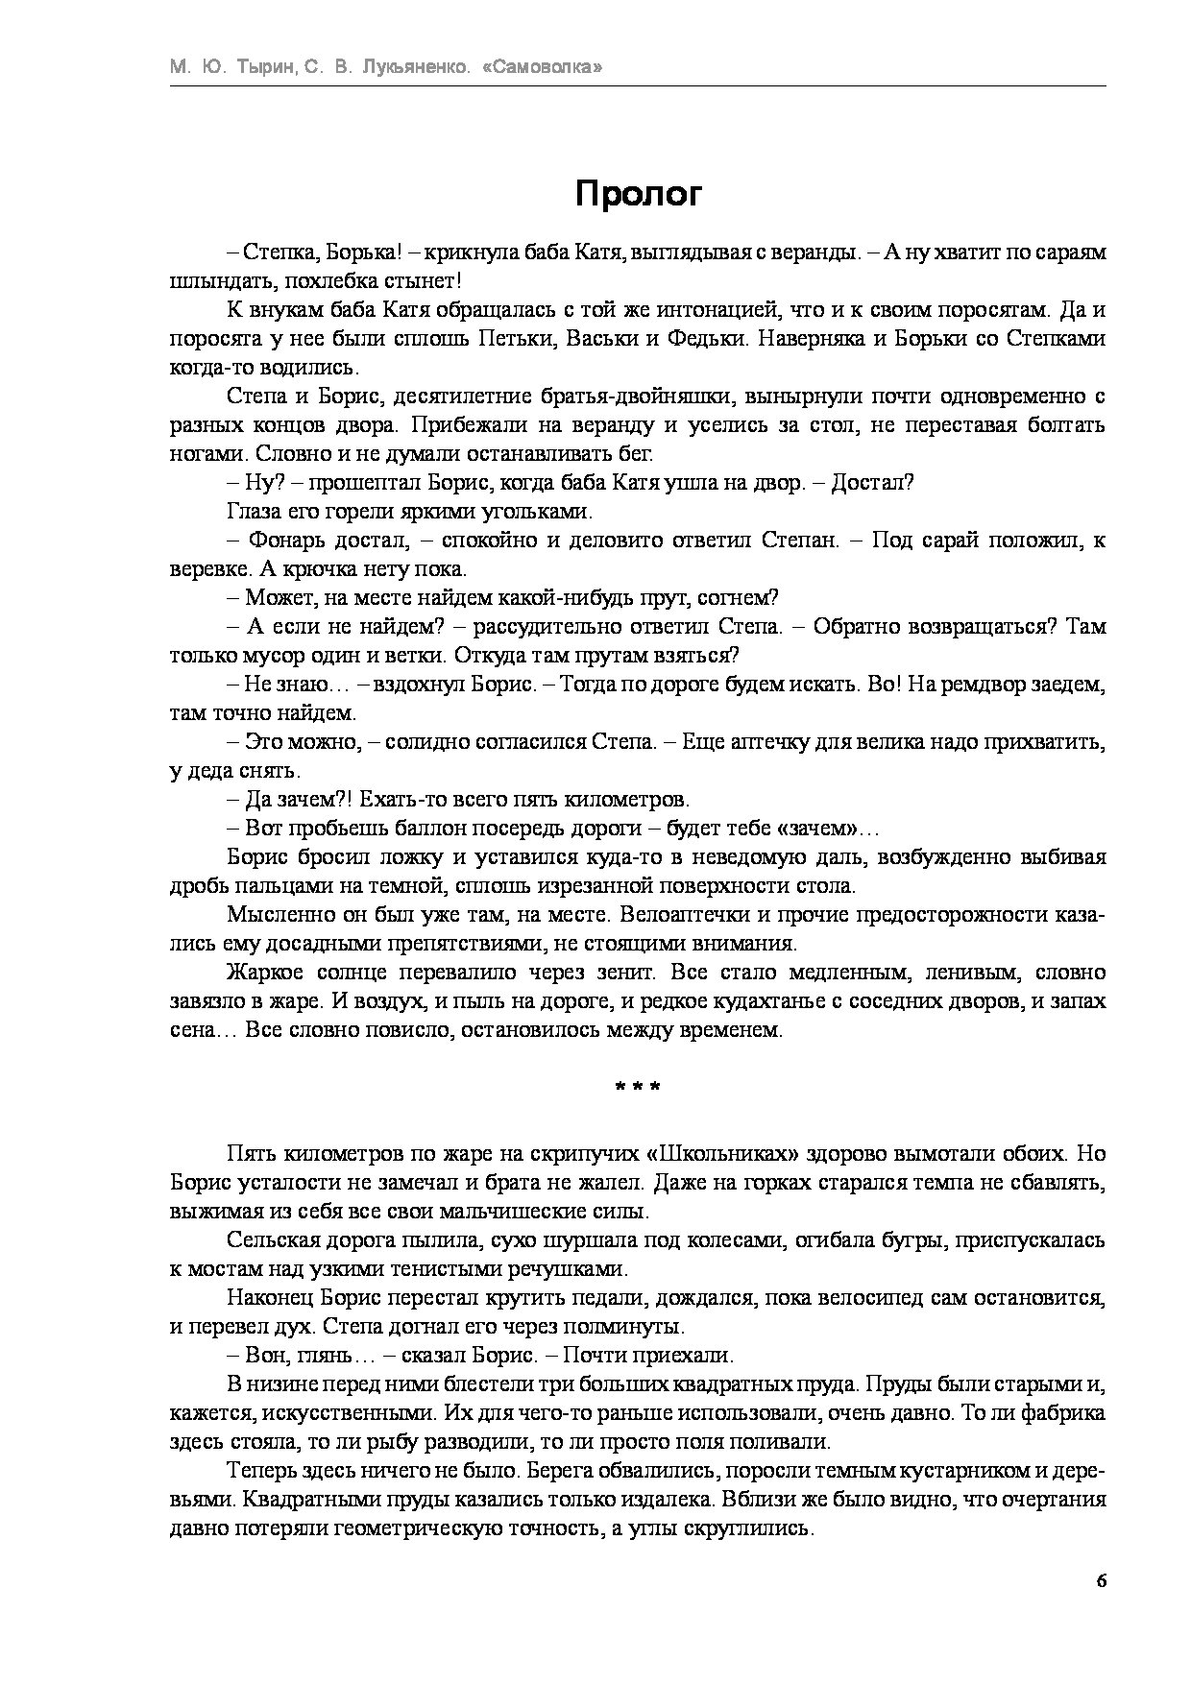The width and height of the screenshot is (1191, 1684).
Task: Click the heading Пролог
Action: click(x=639, y=194)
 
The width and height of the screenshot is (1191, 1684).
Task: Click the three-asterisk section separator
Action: click(x=638, y=1088)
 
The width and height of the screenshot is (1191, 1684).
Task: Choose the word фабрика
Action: click(x=1057, y=1414)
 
